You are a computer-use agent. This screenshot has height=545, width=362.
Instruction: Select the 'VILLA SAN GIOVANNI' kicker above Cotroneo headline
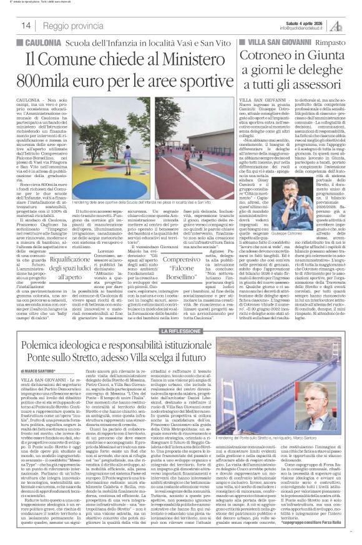[x=271, y=42]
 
